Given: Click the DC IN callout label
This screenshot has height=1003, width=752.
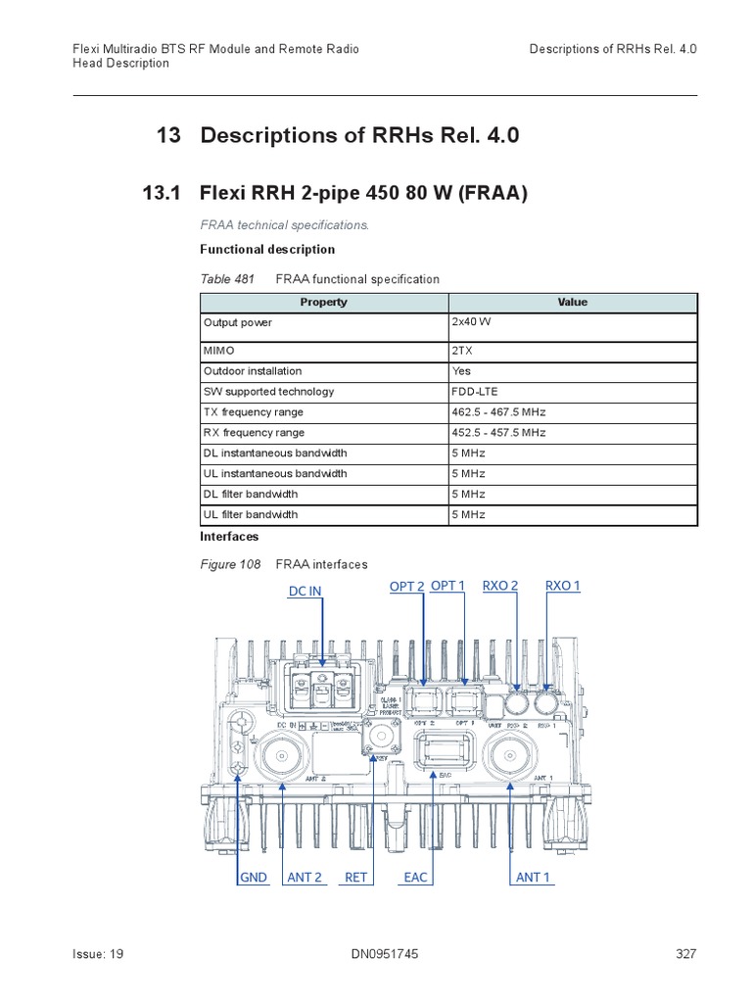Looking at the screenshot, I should (305, 591).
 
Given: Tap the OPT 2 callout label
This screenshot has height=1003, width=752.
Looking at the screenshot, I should (406, 586).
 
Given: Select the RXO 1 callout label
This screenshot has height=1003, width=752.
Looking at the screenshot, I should (563, 586).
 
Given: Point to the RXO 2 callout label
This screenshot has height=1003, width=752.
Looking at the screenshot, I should (500, 586).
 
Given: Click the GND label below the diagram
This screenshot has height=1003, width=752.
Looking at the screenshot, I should (254, 877).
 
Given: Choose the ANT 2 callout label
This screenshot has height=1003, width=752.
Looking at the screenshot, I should (305, 877).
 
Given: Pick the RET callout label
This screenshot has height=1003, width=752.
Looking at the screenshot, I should (355, 877).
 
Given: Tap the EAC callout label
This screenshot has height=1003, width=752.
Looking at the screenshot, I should (416, 877).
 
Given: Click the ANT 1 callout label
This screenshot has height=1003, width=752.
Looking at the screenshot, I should (533, 877).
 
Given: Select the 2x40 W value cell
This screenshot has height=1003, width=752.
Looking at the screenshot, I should (471, 322).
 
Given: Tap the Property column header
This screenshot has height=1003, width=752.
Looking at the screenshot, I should (323, 303).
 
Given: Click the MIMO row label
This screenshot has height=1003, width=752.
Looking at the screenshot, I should (219, 350).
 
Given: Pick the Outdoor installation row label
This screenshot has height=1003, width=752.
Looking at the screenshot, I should (253, 371).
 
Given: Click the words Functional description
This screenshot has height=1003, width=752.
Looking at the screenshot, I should (267, 250).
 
